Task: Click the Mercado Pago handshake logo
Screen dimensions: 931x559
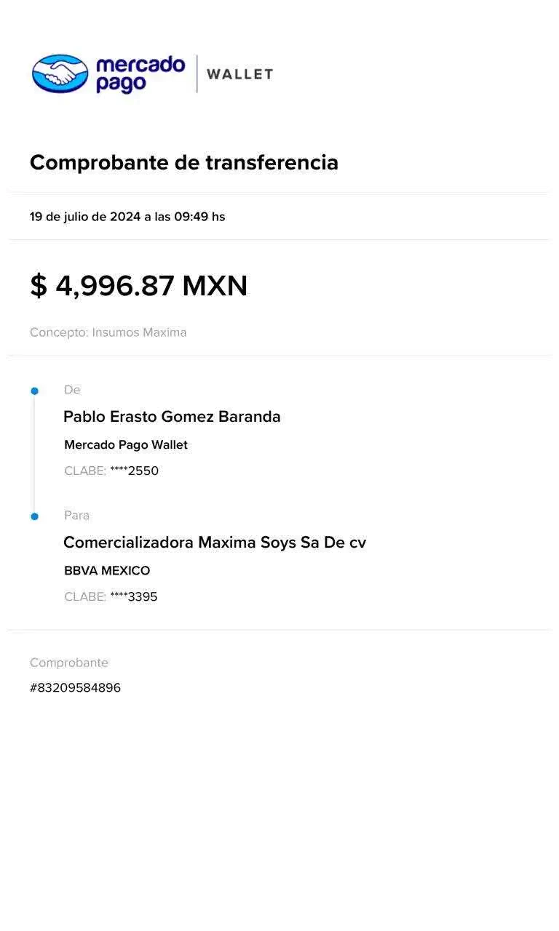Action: point(60,73)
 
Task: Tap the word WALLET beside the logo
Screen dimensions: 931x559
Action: point(239,74)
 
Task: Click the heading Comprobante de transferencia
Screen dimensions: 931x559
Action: point(183,163)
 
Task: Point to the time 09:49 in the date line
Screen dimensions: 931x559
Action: point(191,216)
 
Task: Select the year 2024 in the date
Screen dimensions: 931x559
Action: point(125,216)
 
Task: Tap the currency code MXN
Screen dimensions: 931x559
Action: point(215,286)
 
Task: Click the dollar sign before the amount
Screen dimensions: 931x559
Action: point(38,286)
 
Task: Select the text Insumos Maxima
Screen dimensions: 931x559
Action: point(139,332)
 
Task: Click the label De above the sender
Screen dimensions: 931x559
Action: point(72,390)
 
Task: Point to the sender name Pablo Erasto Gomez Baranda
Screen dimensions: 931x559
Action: point(173,417)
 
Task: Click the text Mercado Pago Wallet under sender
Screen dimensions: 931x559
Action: point(126,445)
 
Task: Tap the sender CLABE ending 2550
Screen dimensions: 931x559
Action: point(135,471)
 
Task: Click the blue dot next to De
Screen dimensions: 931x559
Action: point(34,391)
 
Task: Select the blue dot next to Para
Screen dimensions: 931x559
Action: point(34,516)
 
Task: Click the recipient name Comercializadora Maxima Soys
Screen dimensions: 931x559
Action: point(215,543)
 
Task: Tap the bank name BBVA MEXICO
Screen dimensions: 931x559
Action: point(107,571)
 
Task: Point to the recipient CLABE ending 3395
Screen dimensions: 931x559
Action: point(134,597)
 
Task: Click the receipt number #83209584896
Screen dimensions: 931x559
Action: point(76,687)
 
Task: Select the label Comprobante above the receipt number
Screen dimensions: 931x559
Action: point(69,663)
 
